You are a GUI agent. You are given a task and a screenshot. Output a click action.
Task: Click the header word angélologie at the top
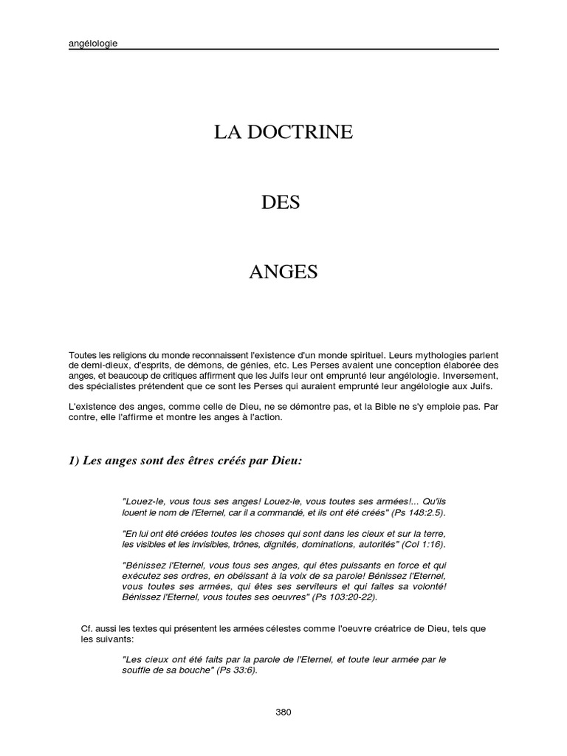click(92, 43)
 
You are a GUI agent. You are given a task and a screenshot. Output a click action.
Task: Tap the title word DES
click(281, 202)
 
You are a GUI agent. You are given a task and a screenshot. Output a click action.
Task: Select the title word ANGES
click(283, 272)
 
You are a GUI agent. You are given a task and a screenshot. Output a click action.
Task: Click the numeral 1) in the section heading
click(74, 461)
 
